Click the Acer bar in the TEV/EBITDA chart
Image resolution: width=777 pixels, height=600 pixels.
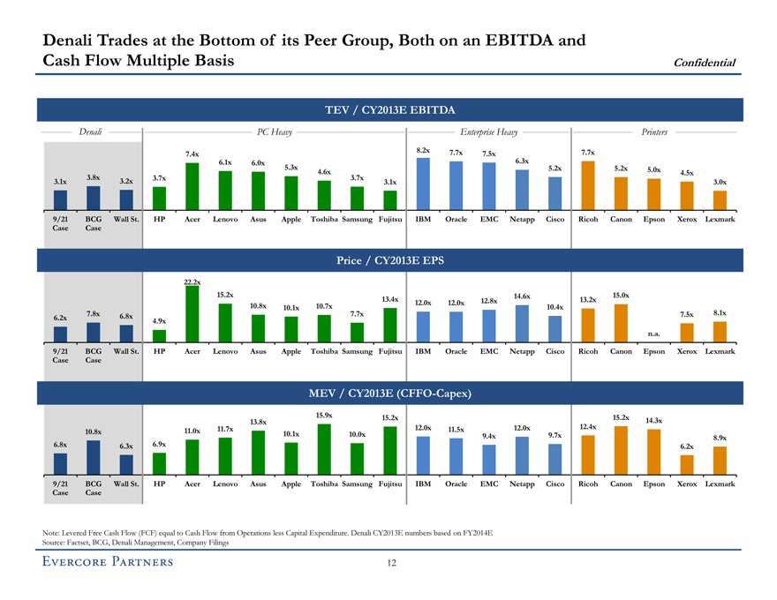tap(192, 187)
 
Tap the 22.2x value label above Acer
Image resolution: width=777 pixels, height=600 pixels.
tap(192, 281)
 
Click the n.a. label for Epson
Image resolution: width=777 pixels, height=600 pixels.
tap(654, 334)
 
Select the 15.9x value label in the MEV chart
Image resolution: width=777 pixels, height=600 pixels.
tap(324, 415)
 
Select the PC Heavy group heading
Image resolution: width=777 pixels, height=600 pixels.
tap(274, 131)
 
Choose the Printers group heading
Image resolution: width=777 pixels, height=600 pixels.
tap(654, 131)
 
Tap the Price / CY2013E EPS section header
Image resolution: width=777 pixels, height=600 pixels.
tap(389, 261)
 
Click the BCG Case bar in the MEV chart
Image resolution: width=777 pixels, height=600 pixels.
tap(93, 458)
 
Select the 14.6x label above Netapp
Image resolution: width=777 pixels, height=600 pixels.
tap(521, 296)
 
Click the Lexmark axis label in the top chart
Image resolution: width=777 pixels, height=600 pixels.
tap(720, 219)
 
